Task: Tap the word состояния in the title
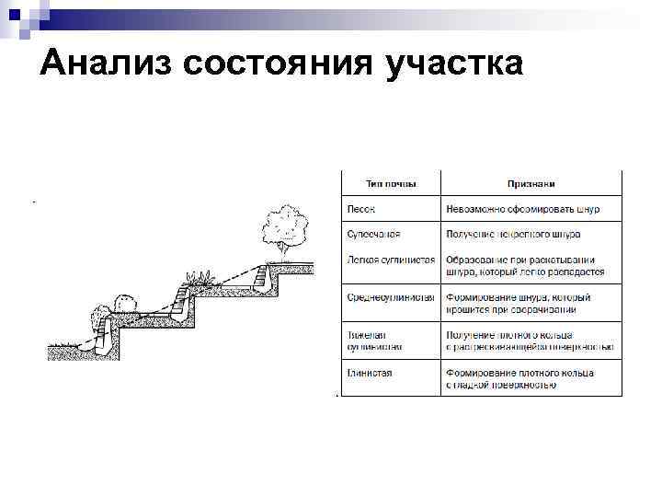pos(279,64)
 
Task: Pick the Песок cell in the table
pos(360,209)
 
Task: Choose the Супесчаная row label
pos(373,235)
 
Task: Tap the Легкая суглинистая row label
pos(391,260)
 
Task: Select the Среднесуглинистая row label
pos(391,297)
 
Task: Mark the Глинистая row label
pos(370,373)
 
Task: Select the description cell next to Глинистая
pos(519,378)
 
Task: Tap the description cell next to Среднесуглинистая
pos(519,303)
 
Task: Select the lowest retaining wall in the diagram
pos(105,337)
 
